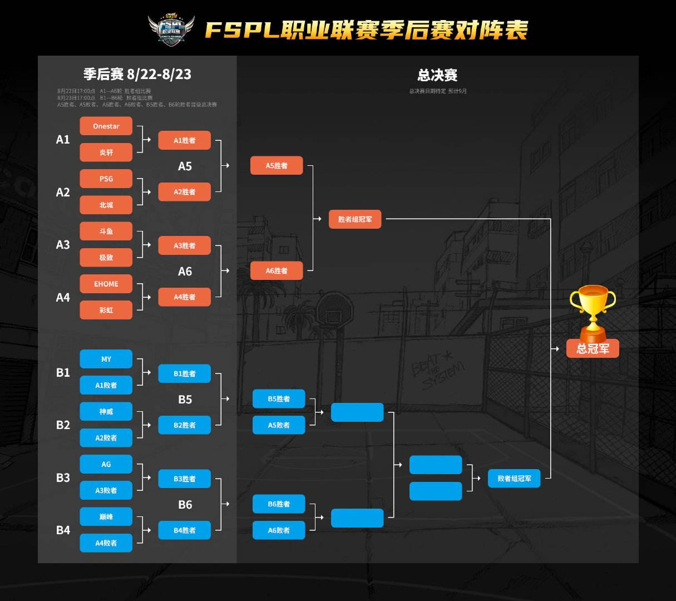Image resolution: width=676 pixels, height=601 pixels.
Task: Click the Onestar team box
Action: pos(106,126)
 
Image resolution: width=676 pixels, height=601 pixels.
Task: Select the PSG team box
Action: pos(106,179)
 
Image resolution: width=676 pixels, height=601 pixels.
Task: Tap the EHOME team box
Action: pos(106,284)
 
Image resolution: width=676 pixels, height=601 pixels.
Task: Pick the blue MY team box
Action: pos(106,359)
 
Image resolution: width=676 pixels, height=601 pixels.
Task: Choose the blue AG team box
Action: pos(106,464)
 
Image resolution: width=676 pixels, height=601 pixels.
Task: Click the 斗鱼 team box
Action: pos(106,231)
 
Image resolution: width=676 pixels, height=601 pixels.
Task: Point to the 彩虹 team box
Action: pos(106,310)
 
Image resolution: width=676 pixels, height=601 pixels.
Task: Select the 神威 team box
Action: pos(106,412)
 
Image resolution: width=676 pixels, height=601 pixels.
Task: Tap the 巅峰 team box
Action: pos(106,516)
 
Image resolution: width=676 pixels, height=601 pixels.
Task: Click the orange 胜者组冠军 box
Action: pos(355,219)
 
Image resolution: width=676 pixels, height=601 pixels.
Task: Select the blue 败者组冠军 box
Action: pos(514,479)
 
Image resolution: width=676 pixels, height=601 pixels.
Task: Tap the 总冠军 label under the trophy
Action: pos(593,349)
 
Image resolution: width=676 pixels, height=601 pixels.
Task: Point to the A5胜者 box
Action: pos(277,166)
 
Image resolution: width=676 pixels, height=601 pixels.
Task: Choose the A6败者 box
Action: pos(279,530)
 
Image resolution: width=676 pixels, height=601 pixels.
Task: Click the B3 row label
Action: pos(63,477)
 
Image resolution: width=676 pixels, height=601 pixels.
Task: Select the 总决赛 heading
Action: pos(437,75)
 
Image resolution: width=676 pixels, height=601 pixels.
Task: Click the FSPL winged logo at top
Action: pos(171,29)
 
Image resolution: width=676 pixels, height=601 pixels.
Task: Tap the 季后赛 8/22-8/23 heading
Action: pos(137,75)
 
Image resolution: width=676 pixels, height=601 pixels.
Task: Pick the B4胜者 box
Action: pos(184,530)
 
